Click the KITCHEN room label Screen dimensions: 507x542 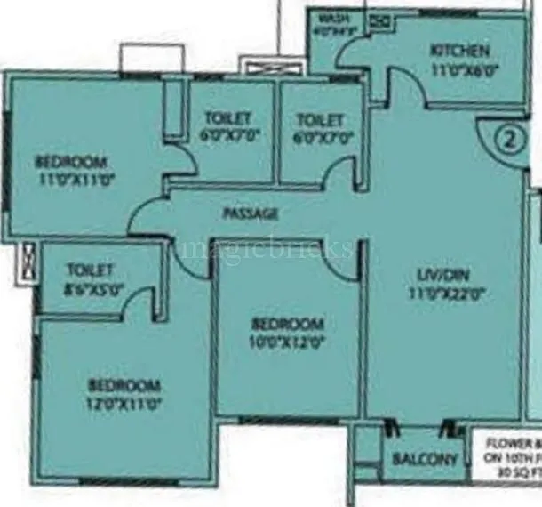(459, 50)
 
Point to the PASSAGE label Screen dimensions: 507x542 (251, 213)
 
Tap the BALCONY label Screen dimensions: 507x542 (426, 460)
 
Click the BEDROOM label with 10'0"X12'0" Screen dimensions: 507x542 (287, 324)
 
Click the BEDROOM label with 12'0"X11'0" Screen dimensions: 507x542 (124, 385)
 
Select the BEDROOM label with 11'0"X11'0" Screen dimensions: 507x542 (71, 162)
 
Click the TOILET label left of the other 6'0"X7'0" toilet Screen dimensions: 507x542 (227, 117)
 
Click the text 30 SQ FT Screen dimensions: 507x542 (518, 471)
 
